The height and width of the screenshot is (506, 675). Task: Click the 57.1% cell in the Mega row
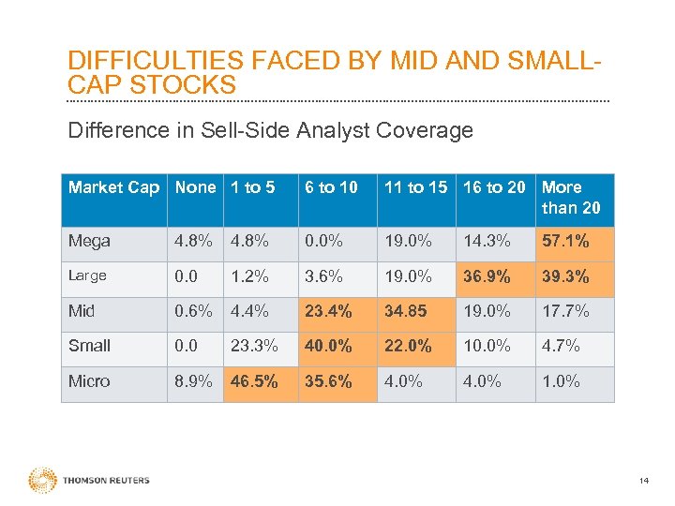(565, 242)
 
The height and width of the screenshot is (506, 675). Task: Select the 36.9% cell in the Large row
(487, 276)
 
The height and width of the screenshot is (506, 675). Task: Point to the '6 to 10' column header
(331, 187)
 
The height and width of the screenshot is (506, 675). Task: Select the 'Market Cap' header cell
(113, 187)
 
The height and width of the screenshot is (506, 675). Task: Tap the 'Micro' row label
(89, 381)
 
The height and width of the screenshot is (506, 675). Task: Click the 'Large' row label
(87, 276)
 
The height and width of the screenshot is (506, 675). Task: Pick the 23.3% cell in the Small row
(254, 346)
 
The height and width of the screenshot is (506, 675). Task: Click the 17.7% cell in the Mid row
(565, 311)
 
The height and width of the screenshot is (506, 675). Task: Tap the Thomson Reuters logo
(89, 481)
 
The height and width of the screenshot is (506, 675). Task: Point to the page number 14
(643, 482)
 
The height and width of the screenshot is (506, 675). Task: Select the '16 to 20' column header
(494, 187)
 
